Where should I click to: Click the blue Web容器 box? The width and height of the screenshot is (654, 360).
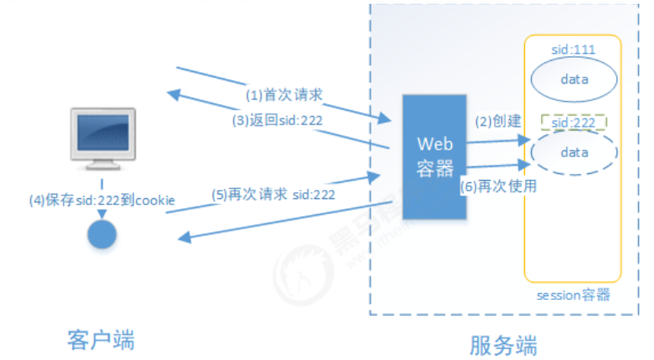click(x=434, y=156)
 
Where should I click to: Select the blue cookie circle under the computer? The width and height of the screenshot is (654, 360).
click(x=100, y=233)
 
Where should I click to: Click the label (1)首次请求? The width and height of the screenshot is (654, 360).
click(x=283, y=95)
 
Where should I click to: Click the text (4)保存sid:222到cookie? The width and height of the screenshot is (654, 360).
click(x=102, y=201)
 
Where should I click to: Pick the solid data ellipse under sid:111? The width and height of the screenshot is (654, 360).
click(x=573, y=79)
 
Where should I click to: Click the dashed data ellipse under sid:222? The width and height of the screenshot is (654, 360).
click(x=573, y=152)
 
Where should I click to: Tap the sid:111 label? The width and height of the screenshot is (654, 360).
click(x=573, y=49)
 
